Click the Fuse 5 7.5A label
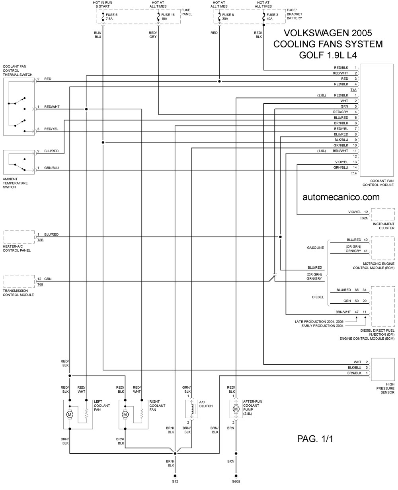[x=111, y=17]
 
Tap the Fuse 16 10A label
[x=168, y=17]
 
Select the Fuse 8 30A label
[x=228, y=17]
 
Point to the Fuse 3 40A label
[x=272, y=17]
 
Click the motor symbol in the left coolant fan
[x=70, y=415]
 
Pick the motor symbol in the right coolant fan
[x=125, y=415]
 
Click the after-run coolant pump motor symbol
[x=236, y=409]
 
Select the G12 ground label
[x=175, y=481]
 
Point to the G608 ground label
[x=236, y=481]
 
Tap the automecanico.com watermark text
[x=341, y=197]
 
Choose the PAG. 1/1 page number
[x=315, y=439]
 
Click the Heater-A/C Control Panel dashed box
[x=19, y=237]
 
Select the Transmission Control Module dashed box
[x=19, y=281]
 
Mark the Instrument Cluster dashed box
[x=383, y=214]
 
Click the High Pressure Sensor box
[x=383, y=369]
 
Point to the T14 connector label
[x=354, y=173]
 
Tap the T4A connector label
[x=353, y=90]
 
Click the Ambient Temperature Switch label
[x=15, y=183]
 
